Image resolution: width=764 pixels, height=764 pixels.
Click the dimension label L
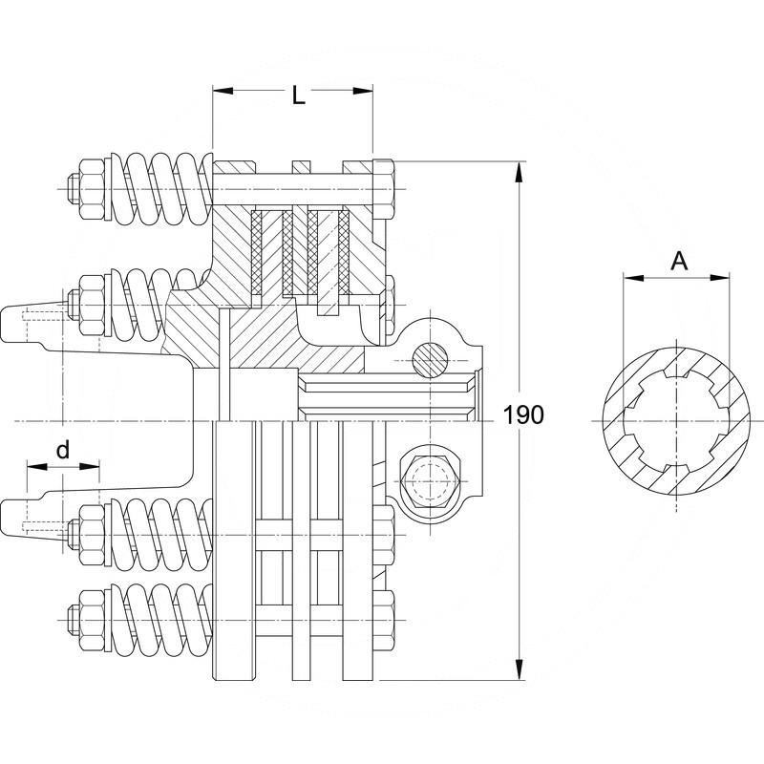click(x=299, y=96)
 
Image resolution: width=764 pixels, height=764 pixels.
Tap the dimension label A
click(x=679, y=260)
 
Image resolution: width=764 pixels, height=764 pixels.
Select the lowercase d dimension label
click(x=62, y=448)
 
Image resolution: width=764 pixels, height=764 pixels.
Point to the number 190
click(x=522, y=414)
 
